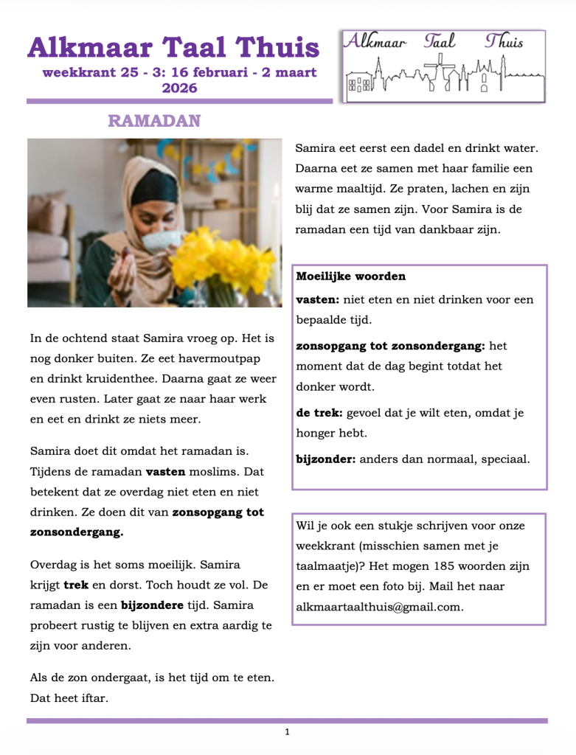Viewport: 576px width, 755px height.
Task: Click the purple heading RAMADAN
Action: [154, 121]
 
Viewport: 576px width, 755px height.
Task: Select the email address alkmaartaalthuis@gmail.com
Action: [379, 607]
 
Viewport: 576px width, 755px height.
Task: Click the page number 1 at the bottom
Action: [287, 732]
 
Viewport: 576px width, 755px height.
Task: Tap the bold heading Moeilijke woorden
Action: [350, 276]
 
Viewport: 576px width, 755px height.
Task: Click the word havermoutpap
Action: [216, 358]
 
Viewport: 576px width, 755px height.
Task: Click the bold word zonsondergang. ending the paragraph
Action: [77, 532]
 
